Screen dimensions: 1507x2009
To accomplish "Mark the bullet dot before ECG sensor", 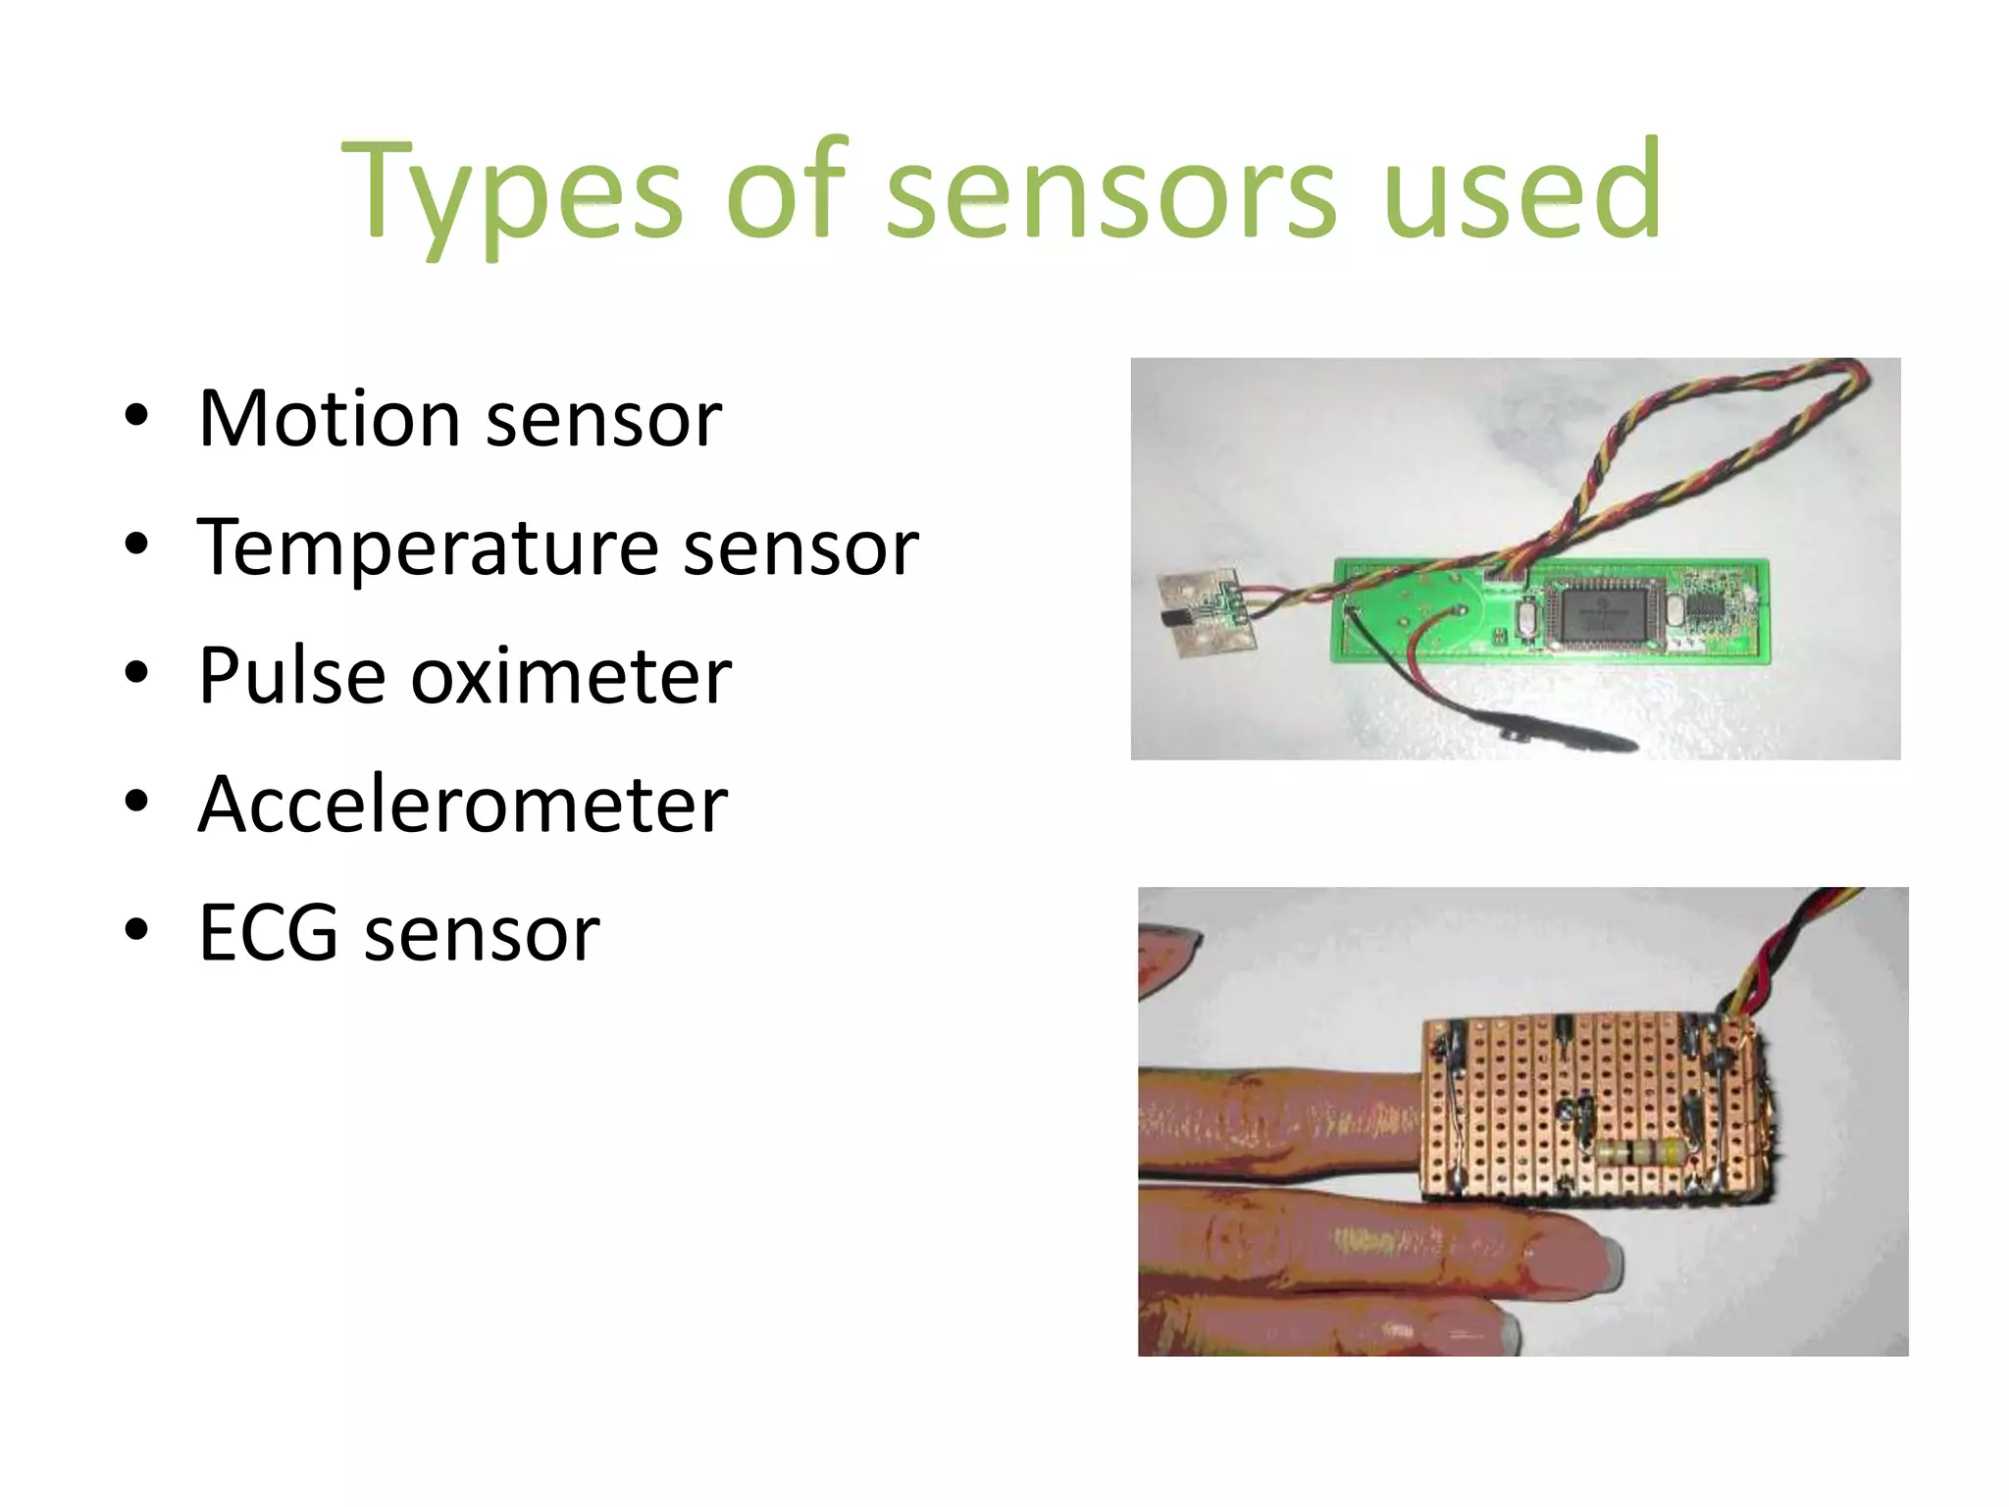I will (136, 929).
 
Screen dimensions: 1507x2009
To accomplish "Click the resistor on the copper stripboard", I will (1638, 1154).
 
